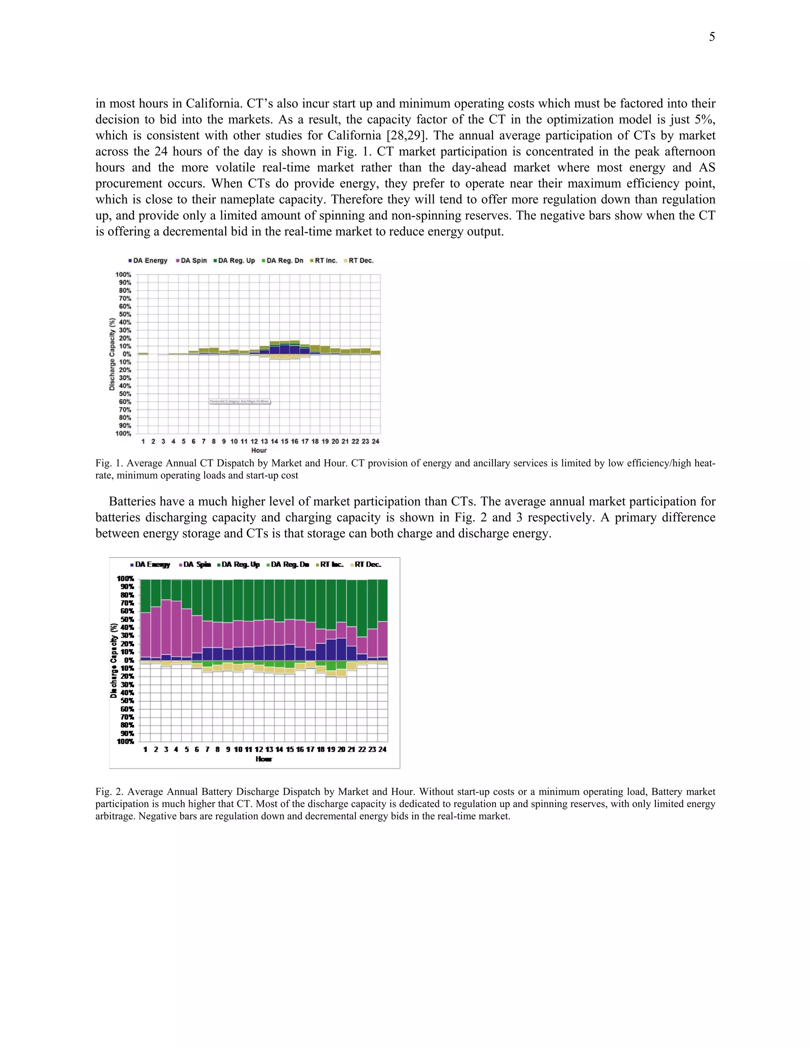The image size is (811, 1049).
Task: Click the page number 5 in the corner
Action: [712, 37]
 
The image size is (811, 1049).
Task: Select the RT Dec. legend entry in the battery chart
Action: [367, 564]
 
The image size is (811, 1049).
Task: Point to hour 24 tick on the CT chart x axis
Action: [376, 441]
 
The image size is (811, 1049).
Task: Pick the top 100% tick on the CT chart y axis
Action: [123, 275]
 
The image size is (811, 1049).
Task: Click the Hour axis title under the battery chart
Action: [264, 759]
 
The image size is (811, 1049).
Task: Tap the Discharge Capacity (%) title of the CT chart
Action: [112, 354]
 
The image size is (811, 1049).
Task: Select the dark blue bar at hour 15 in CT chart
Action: [284, 349]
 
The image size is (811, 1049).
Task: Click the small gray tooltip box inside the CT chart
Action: [240, 401]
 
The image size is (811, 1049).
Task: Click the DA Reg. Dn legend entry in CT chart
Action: [285, 261]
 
